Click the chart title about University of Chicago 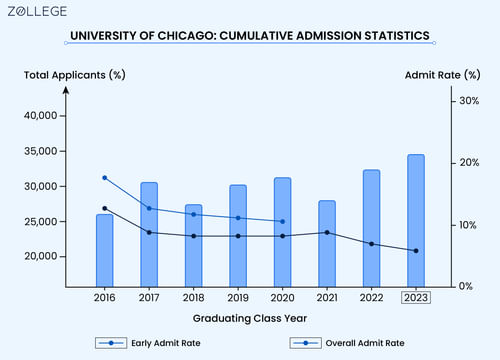(x=250, y=37)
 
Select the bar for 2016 (x=104, y=250)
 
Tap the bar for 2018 (x=193, y=245)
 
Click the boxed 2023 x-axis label (x=415, y=298)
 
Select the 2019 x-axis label (x=237, y=298)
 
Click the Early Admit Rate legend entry (x=140, y=343)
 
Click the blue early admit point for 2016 (x=104, y=178)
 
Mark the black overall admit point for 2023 (x=415, y=251)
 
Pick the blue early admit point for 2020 (x=282, y=222)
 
